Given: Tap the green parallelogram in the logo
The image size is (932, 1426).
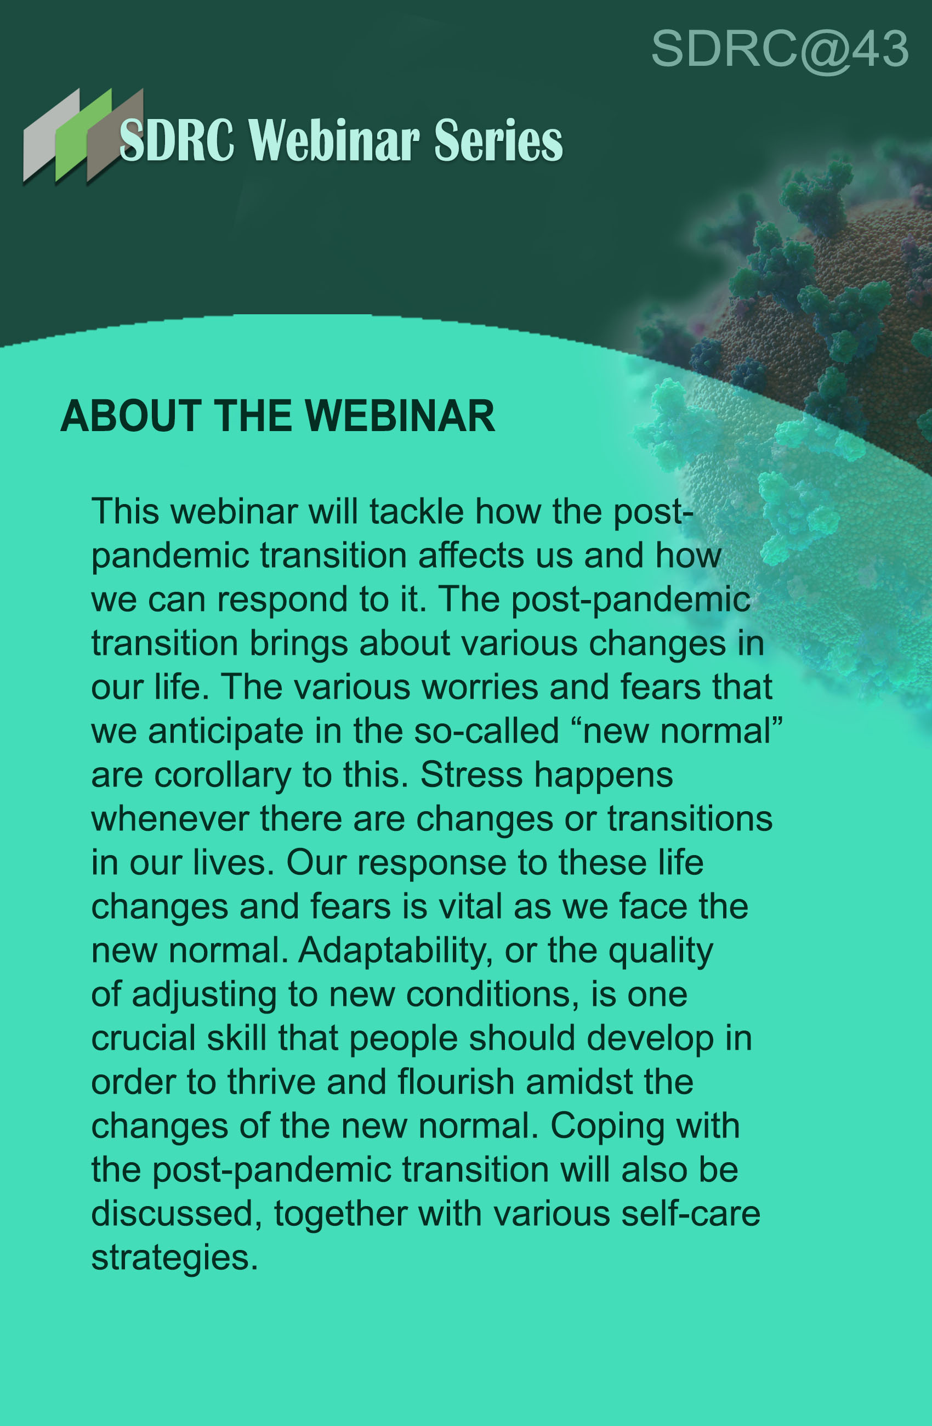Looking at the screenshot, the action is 84,135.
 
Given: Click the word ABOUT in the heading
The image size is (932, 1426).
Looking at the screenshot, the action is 131,416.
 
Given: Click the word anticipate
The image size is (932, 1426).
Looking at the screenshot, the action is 226,732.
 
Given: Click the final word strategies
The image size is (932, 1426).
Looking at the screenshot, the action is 174,1258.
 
